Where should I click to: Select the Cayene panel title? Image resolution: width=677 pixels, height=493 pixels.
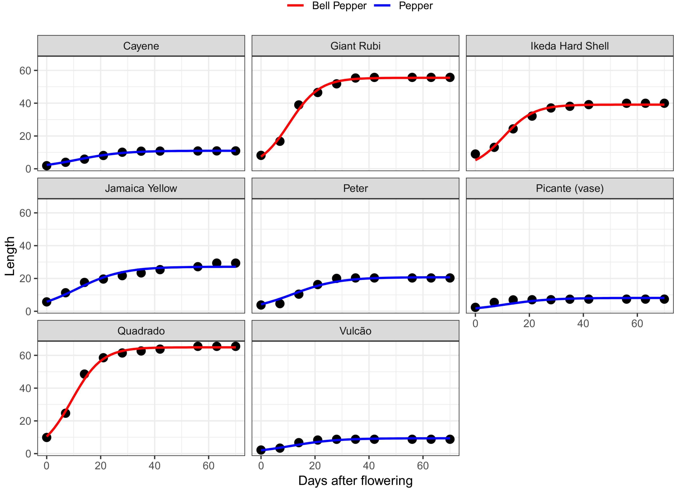[141, 46]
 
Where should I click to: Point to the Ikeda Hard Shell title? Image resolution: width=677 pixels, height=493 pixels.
[569, 46]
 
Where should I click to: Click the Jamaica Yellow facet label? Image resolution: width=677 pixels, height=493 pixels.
[141, 188]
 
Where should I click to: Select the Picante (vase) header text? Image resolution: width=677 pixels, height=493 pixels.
[569, 188]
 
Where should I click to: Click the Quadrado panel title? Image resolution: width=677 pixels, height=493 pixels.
[141, 331]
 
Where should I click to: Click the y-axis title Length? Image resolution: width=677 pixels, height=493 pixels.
[10, 256]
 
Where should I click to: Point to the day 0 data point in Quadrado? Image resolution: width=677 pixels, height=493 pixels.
[47, 438]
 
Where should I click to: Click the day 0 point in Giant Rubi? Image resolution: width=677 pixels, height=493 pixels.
[261, 155]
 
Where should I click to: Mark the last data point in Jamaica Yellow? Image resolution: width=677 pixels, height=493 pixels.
[236, 263]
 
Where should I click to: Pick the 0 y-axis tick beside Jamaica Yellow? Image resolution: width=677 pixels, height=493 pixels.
[28, 311]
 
